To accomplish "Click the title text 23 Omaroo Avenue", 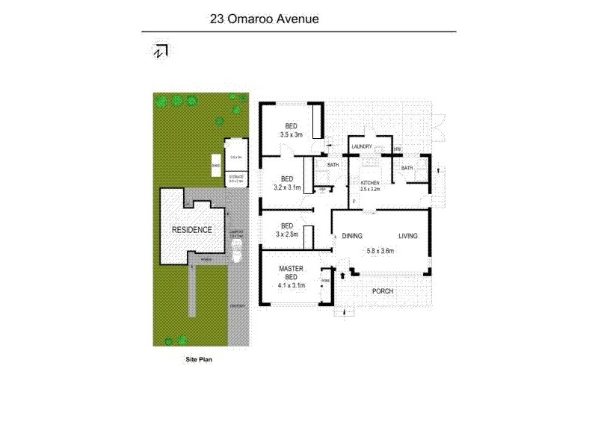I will (x=265, y=19).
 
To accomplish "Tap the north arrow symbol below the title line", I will (x=159, y=51).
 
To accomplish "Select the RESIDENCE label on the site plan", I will (x=193, y=230).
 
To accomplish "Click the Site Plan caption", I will (x=200, y=359).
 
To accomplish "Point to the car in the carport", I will (x=236, y=254).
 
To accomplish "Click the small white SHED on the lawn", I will (x=216, y=167).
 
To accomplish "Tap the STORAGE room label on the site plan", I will (x=235, y=178).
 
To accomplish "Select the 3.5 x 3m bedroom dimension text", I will (x=291, y=134).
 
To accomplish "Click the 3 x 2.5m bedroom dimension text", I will (x=286, y=234).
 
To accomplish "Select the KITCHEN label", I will (x=370, y=183).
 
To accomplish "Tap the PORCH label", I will (x=382, y=290).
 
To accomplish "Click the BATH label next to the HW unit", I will (x=407, y=168).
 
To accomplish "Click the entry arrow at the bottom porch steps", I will (x=344, y=312).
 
